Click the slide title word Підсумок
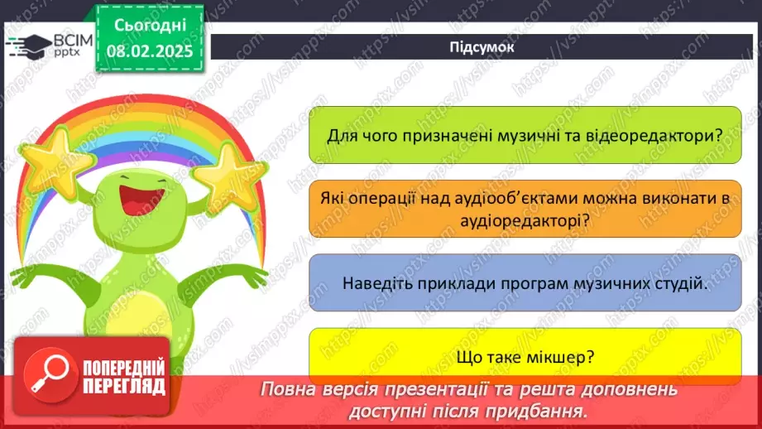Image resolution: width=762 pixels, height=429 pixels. point(481,47)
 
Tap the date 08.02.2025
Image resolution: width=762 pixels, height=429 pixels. point(150,51)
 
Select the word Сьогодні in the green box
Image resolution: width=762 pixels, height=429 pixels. point(150,26)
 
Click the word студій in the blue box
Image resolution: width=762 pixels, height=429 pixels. point(682,283)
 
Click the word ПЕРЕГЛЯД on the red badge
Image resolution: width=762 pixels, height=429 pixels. point(124,387)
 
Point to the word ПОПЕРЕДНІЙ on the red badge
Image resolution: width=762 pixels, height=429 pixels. point(124,368)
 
